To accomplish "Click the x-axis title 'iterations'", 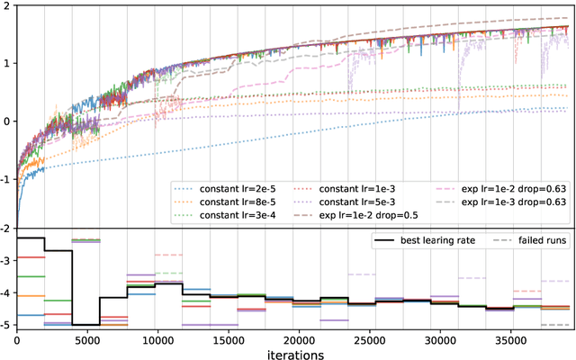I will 295,354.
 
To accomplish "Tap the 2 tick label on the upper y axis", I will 8,7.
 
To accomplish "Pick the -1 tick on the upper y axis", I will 5,177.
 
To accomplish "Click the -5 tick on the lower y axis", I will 5,325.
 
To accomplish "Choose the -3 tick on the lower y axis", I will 5,261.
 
